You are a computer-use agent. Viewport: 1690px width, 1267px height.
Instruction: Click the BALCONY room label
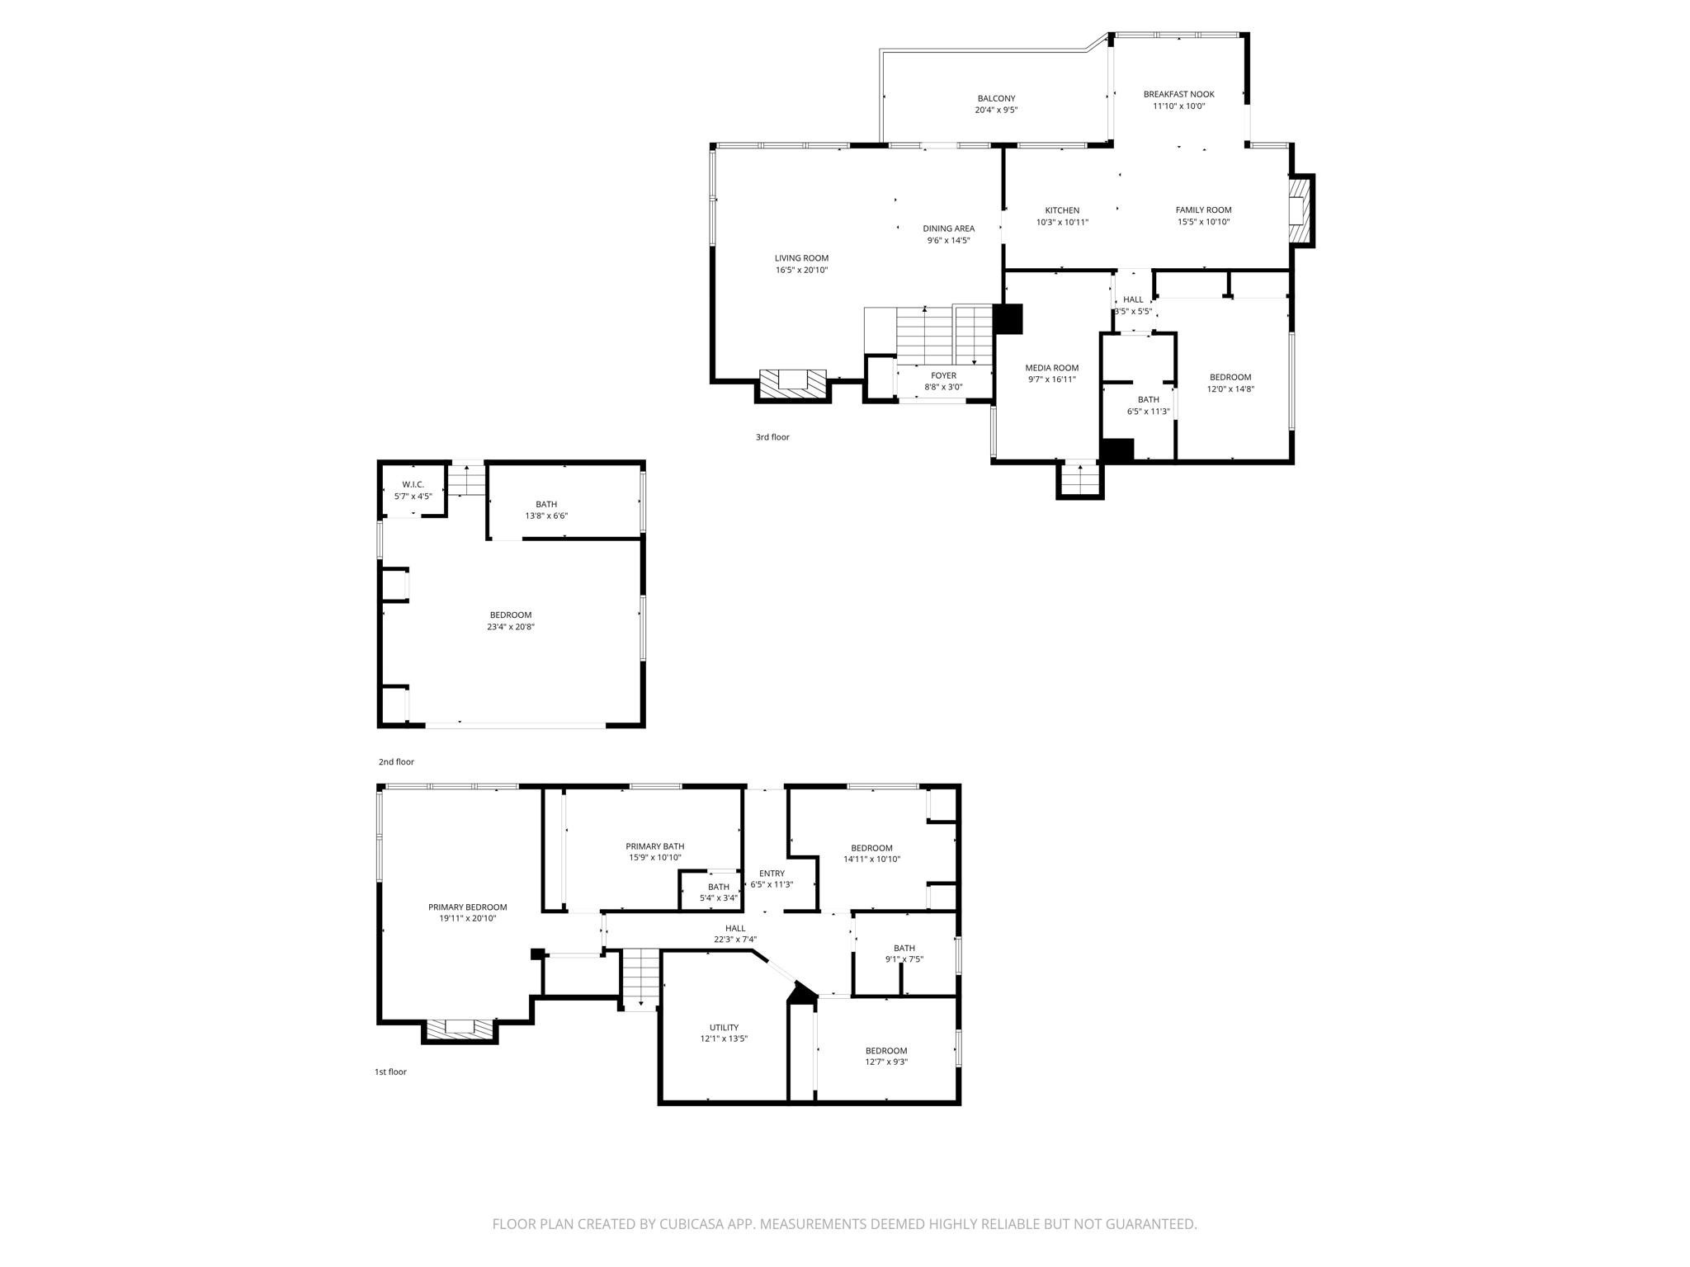(x=996, y=98)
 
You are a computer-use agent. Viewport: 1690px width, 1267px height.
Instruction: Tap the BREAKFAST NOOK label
(x=1178, y=94)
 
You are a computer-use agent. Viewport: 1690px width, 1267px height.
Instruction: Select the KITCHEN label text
(x=1062, y=210)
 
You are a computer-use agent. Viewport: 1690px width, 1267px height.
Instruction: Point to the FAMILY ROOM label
(x=1203, y=210)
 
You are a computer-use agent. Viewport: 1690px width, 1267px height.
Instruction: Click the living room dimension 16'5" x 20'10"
(x=801, y=271)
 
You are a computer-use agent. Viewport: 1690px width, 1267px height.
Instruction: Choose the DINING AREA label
(x=948, y=228)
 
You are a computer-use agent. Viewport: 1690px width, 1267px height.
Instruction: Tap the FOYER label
(x=943, y=375)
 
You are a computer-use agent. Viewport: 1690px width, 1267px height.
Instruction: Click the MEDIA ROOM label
(x=1051, y=368)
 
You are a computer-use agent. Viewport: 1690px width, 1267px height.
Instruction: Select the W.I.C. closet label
(x=413, y=484)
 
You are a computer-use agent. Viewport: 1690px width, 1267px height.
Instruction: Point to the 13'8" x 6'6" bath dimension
(x=546, y=516)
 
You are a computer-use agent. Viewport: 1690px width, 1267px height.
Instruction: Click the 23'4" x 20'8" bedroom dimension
(x=511, y=627)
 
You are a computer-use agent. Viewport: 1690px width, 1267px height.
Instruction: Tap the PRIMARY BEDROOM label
(x=467, y=907)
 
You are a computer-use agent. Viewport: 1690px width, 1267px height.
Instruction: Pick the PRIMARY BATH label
(x=654, y=846)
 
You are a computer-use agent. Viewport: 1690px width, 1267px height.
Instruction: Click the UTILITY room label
(x=724, y=1028)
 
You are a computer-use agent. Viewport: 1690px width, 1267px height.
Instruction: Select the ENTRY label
(x=772, y=874)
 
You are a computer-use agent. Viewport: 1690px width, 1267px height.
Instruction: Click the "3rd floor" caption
(x=772, y=437)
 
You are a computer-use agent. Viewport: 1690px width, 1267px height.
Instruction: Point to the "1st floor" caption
(x=390, y=1072)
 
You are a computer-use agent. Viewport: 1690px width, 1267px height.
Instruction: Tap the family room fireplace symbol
(x=1299, y=211)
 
